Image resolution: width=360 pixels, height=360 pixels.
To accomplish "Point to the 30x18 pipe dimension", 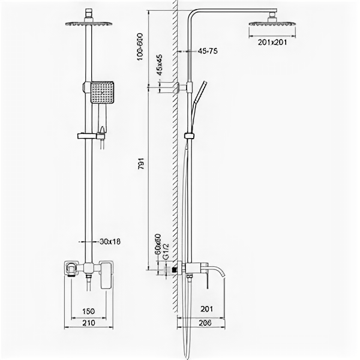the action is coord(110,241).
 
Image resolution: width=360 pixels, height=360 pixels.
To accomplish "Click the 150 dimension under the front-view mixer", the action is coord(88,311).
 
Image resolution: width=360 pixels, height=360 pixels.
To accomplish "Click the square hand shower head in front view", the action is coord(103,92).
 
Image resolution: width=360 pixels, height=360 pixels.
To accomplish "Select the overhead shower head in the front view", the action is coord(88,23).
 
